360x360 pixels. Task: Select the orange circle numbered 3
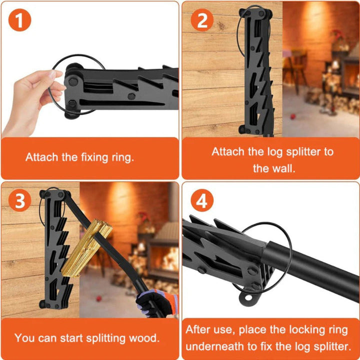(x=20, y=201)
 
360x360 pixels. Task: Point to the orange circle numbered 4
(x=202, y=201)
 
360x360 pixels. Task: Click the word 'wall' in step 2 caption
(x=286, y=168)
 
